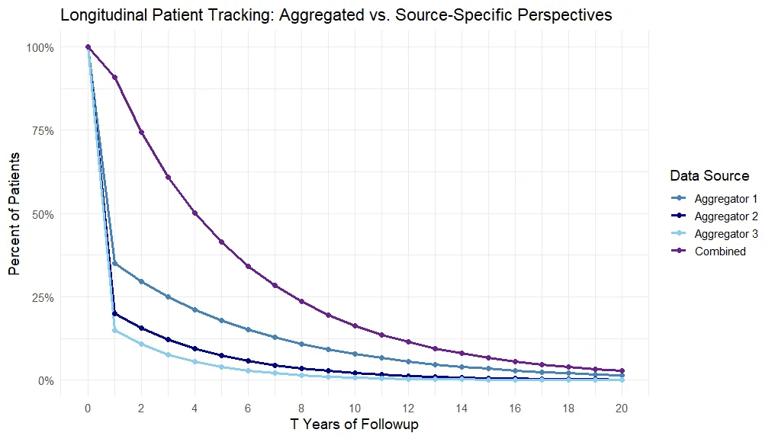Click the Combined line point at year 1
coord(114,77)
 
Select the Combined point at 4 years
coord(195,213)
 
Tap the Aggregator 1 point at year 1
coord(114,263)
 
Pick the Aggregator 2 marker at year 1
coord(114,313)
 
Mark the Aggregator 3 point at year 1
coord(114,330)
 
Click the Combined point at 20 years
coord(622,371)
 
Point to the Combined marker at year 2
coord(141,133)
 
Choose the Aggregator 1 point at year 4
coord(195,309)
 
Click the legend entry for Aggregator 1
coord(714,198)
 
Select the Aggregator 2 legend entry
coord(714,216)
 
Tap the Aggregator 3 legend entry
coord(714,233)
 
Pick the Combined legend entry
coord(709,251)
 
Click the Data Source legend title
coord(709,175)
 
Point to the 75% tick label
coord(42,131)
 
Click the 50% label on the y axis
coord(42,214)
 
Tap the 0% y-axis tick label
coord(46,381)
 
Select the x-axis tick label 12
coord(408,409)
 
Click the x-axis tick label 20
coord(622,409)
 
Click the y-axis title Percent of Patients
coord(14,214)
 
